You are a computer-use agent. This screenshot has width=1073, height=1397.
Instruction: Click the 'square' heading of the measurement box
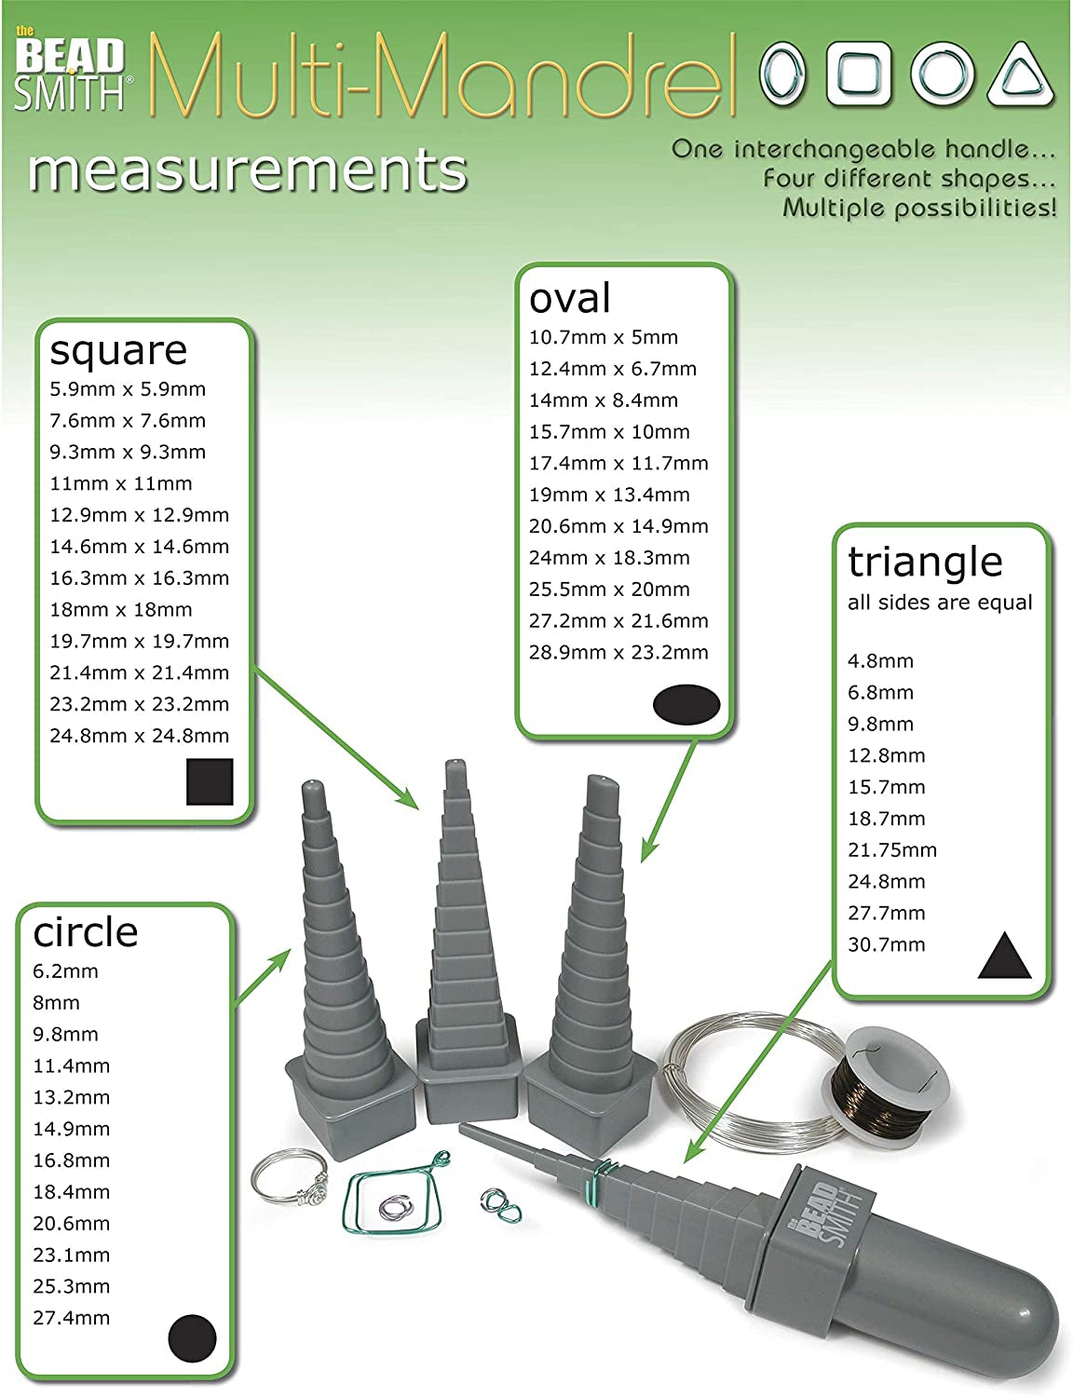tap(118, 351)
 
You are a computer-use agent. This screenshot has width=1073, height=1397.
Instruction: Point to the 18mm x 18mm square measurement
tap(121, 610)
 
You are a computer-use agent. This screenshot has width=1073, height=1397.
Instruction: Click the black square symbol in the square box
tap(210, 781)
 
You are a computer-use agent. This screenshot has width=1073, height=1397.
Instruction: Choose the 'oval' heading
tap(570, 298)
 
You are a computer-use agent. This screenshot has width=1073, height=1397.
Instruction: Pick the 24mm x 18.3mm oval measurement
tap(609, 558)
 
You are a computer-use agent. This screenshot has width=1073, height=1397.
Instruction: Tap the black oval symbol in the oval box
tap(686, 704)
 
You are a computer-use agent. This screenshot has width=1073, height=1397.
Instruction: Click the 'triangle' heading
tap(925, 562)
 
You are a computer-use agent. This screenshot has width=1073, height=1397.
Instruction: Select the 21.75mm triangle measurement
tap(892, 850)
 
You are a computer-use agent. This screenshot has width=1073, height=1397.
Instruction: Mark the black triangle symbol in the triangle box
tap(1004, 956)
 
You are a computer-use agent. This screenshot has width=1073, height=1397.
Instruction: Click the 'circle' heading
tap(86, 932)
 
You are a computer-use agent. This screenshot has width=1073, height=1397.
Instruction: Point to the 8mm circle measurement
tap(56, 1003)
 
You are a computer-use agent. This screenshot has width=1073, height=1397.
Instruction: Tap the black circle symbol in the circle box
tap(192, 1339)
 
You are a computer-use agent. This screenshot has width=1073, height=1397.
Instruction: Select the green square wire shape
tap(391, 1206)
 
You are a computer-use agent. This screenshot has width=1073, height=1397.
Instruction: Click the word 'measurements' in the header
tap(248, 171)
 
